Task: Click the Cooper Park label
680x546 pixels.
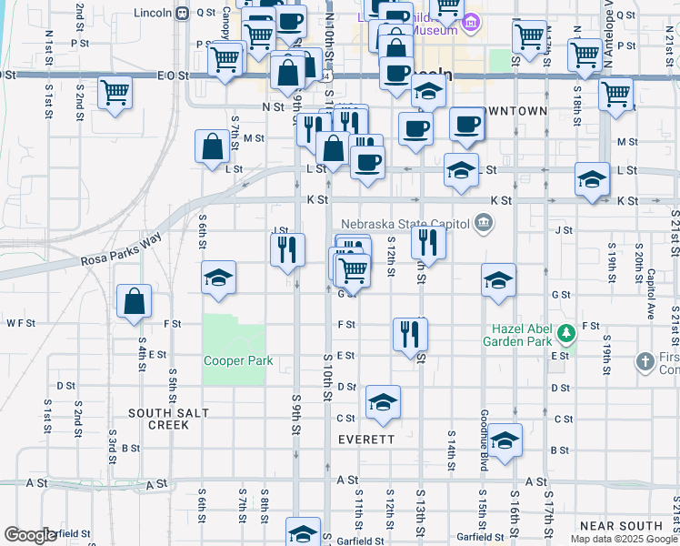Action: (238, 360)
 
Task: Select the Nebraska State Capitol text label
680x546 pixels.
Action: (404, 224)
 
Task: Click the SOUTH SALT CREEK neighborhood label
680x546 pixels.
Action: (168, 419)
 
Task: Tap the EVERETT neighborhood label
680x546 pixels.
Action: (366, 439)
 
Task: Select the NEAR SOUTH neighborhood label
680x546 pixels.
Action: (621, 526)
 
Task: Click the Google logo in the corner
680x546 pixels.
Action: (30, 535)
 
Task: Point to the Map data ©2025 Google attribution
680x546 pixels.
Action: (623, 539)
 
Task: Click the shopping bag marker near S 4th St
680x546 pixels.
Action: (134, 303)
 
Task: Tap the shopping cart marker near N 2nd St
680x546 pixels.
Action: (115, 93)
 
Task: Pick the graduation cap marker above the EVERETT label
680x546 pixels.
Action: (383, 403)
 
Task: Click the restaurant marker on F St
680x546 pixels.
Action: (410, 333)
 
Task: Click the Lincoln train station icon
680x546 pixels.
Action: (181, 13)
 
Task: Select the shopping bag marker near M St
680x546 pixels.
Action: (212, 147)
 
